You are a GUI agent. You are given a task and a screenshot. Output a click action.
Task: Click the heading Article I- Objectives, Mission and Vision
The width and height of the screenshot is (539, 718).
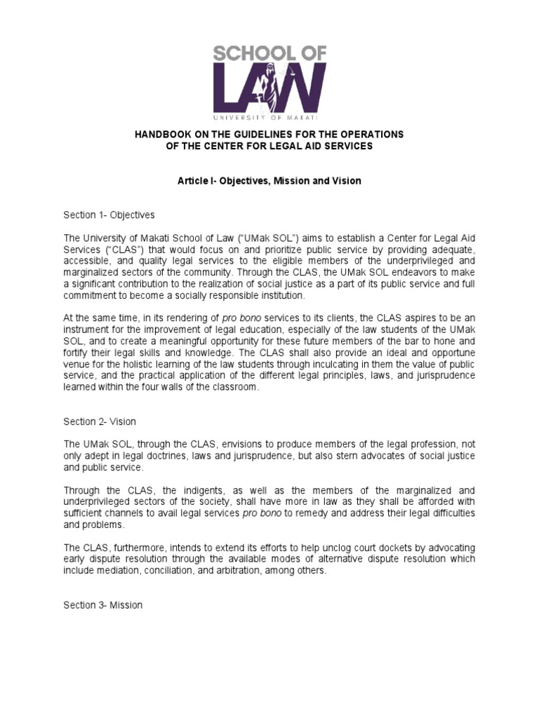click(x=269, y=181)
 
